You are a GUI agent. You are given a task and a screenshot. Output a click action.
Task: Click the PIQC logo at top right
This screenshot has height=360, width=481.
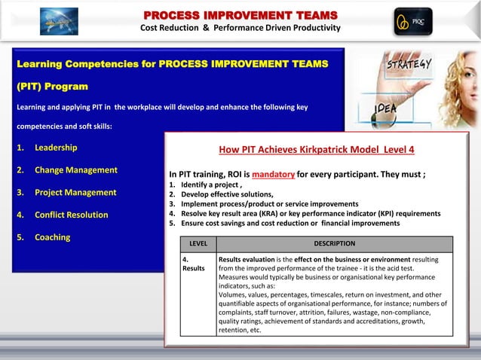pos(413,21)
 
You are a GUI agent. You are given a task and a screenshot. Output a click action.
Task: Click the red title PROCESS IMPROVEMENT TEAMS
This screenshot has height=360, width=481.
pos(240,14)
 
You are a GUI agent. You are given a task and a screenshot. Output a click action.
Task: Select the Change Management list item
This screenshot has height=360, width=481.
pos(75,170)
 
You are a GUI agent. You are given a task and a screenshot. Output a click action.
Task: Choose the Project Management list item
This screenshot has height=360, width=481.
pos(75,193)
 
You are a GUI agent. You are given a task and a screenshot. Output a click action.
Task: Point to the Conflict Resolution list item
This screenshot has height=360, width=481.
pos(71,215)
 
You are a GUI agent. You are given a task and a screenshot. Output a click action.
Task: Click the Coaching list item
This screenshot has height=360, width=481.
pos(52,238)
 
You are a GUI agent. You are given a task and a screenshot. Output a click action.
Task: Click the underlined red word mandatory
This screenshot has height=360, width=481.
pos(273,175)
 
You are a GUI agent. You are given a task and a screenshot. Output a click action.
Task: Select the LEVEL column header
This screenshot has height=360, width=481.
pos(198,244)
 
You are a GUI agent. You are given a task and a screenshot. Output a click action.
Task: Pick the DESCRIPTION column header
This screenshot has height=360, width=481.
pos(334,244)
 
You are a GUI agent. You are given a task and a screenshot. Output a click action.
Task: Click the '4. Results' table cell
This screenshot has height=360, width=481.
pos(194,264)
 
